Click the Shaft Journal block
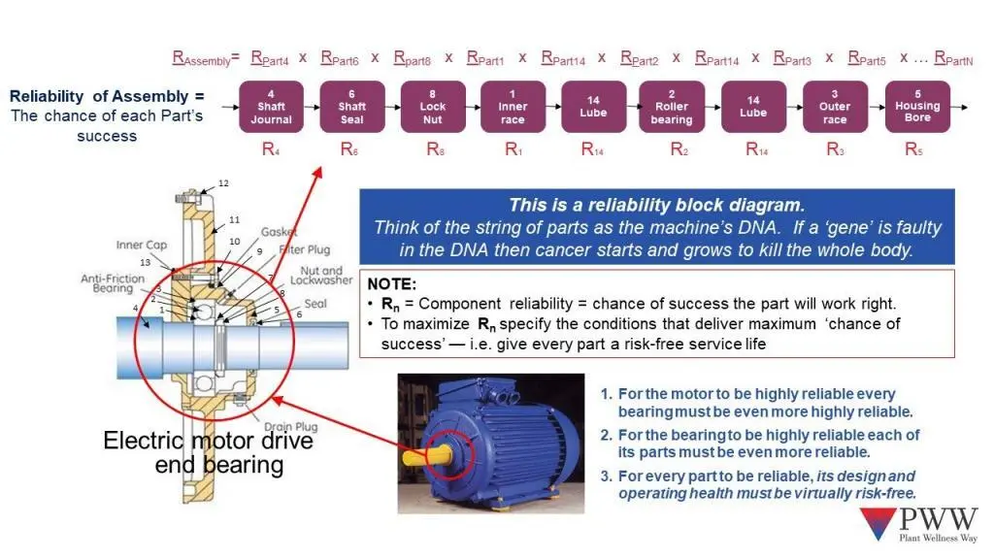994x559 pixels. tap(271, 107)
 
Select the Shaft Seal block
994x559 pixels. tap(351, 107)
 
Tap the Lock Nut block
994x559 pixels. tap(432, 107)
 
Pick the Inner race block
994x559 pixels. tap(513, 107)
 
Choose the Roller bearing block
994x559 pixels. tap(672, 107)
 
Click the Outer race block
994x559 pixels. tap(835, 107)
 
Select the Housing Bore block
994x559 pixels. tap(917, 107)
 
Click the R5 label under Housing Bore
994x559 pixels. tap(912, 149)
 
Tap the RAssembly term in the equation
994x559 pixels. tap(200, 59)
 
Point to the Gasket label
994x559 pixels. tap(279, 233)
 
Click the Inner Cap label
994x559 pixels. tap(143, 245)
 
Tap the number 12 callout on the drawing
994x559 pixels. tap(223, 183)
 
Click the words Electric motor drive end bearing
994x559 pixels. tap(208, 452)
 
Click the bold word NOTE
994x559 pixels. tap(392, 283)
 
